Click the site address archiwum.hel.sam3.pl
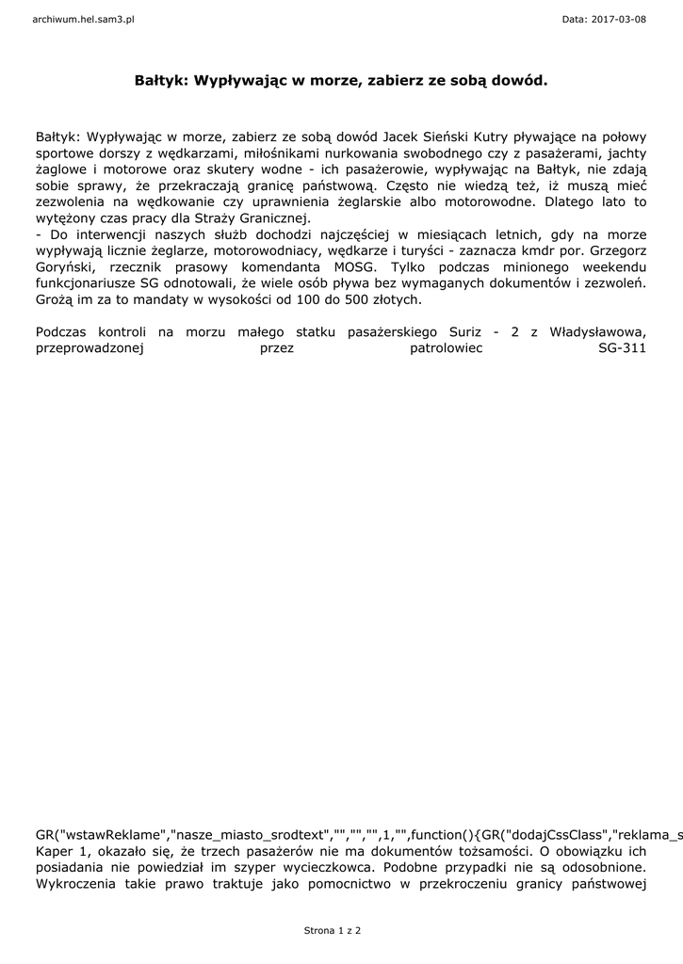[x=84, y=19]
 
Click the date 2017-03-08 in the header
[x=618, y=19]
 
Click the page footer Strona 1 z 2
[x=332, y=930]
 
